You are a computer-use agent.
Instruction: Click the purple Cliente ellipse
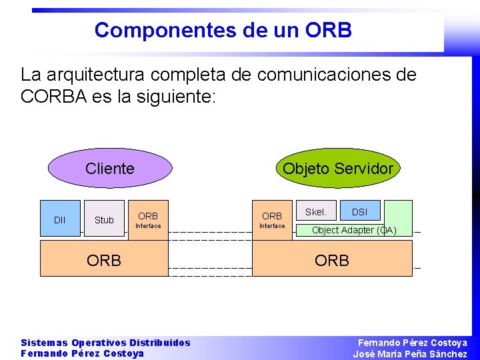click(x=110, y=169)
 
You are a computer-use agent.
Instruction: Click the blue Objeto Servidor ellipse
click(x=338, y=169)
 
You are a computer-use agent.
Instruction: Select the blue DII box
click(x=60, y=219)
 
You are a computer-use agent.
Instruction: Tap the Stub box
click(x=104, y=219)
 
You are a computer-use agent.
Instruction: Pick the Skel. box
click(x=315, y=212)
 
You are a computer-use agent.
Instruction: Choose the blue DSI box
click(x=359, y=212)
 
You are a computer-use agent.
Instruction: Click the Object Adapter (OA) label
click(x=354, y=230)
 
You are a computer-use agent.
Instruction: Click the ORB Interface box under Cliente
click(x=148, y=219)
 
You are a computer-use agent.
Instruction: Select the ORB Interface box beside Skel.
click(x=272, y=219)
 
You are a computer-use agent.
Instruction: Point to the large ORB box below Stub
click(x=104, y=259)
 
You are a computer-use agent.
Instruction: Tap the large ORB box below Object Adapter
click(x=332, y=259)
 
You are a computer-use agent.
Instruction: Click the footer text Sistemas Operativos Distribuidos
click(x=105, y=343)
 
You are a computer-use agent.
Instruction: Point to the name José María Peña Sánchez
click(x=410, y=354)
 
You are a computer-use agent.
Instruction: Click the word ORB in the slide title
click(x=328, y=30)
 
